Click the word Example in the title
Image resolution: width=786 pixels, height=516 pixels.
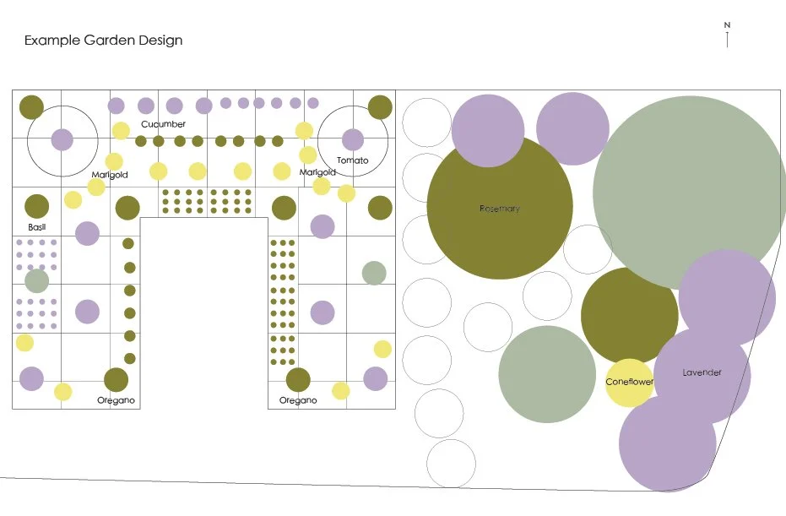pyautogui.click(x=52, y=41)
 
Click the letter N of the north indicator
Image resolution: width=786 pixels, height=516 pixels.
pyautogui.click(x=727, y=24)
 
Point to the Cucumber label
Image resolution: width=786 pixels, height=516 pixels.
pyautogui.click(x=163, y=124)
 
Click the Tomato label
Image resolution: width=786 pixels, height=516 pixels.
pyautogui.click(x=352, y=160)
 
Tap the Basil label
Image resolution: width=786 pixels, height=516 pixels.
pyautogui.click(x=35, y=227)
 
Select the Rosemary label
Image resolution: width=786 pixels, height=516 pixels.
pyautogui.click(x=499, y=209)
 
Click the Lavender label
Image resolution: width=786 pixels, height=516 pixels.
pyautogui.click(x=702, y=372)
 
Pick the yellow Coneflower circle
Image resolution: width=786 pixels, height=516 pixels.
pyautogui.click(x=630, y=382)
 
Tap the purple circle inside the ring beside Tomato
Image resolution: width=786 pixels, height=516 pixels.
pyautogui.click(x=353, y=139)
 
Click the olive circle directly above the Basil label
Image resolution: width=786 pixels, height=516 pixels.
pyautogui.click(x=36, y=206)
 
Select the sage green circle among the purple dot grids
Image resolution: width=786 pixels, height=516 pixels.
pyautogui.click(x=36, y=280)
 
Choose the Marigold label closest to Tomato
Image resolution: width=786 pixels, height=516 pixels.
pyautogui.click(x=317, y=172)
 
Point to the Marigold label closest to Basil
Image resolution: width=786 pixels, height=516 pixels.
pyautogui.click(x=109, y=175)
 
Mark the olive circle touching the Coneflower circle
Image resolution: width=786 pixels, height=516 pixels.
pyautogui.click(x=629, y=317)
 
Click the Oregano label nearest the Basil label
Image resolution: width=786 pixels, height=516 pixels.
pyautogui.click(x=116, y=400)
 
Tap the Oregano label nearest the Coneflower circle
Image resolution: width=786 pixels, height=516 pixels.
pyautogui.click(x=298, y=400)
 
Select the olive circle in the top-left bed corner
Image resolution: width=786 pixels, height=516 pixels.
pyautogui.click(x=31, y=107)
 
